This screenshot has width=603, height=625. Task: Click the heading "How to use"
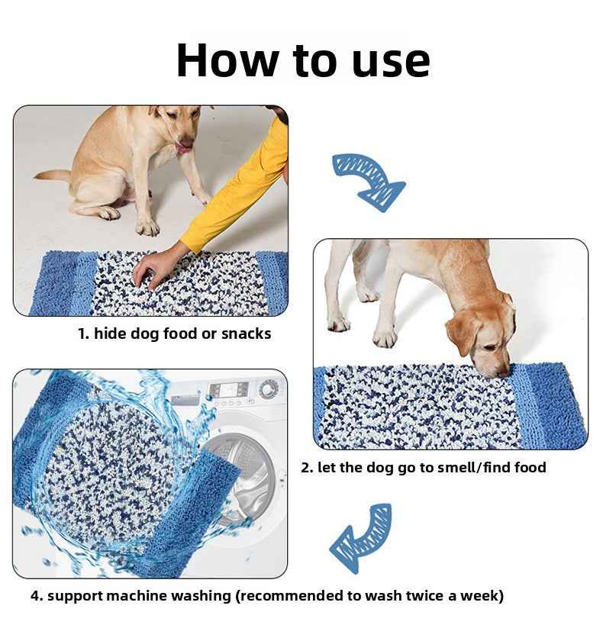pyautogui.click(x=303, y=60)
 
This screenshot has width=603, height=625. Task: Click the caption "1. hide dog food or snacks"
pyautogui.click(x=175, y=333)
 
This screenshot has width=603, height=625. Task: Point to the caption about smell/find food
pyautogui.click(x=423, y=467)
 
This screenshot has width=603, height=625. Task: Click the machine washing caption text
pyautogui.click(x=266, y=595)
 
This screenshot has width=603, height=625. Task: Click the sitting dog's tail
pyautogui.click(x=53, y=176)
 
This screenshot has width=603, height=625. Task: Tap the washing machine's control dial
pyautogui.click(x=269, y=389)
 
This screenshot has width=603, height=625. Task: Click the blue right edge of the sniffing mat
pyautogui.click(x=553, y=404)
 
